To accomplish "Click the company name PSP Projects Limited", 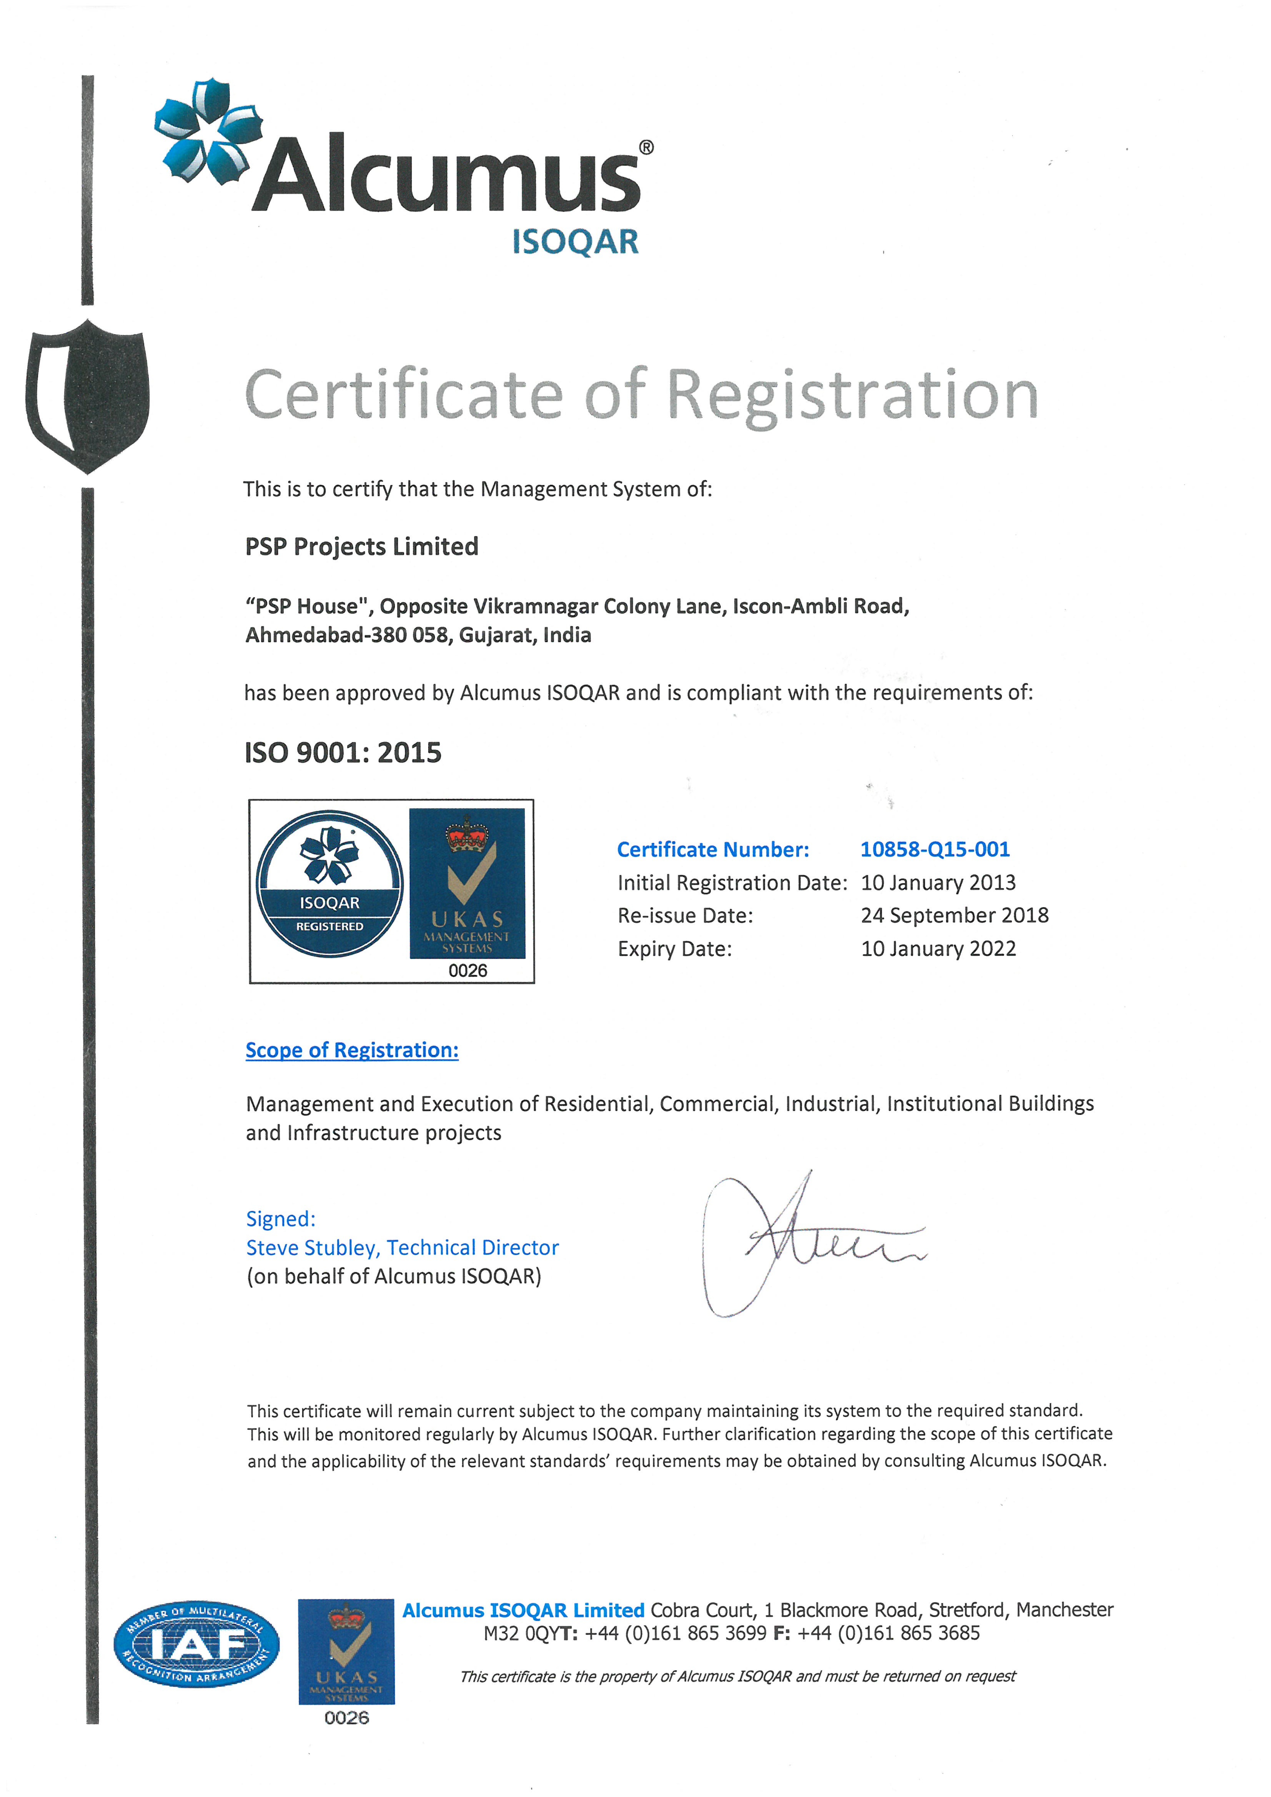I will click(x=361, y=546).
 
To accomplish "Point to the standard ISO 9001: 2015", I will click(x=343, y=753).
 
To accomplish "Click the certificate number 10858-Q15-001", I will click(x=935, y=849).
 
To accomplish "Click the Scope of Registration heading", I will click(x=352, y=1050).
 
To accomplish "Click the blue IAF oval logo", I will click(x=196, y=1644).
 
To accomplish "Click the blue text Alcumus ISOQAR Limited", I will click(x=523, y=1610).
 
